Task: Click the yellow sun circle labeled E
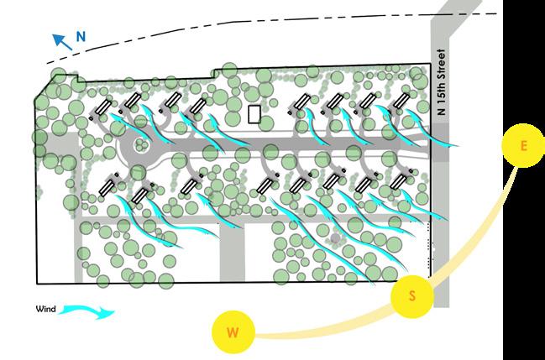click(523, 146)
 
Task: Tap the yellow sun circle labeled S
click(412, 295)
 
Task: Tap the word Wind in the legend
click(45, 310)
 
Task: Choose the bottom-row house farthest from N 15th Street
click(108, 185)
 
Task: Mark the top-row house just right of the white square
click(300, 103)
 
